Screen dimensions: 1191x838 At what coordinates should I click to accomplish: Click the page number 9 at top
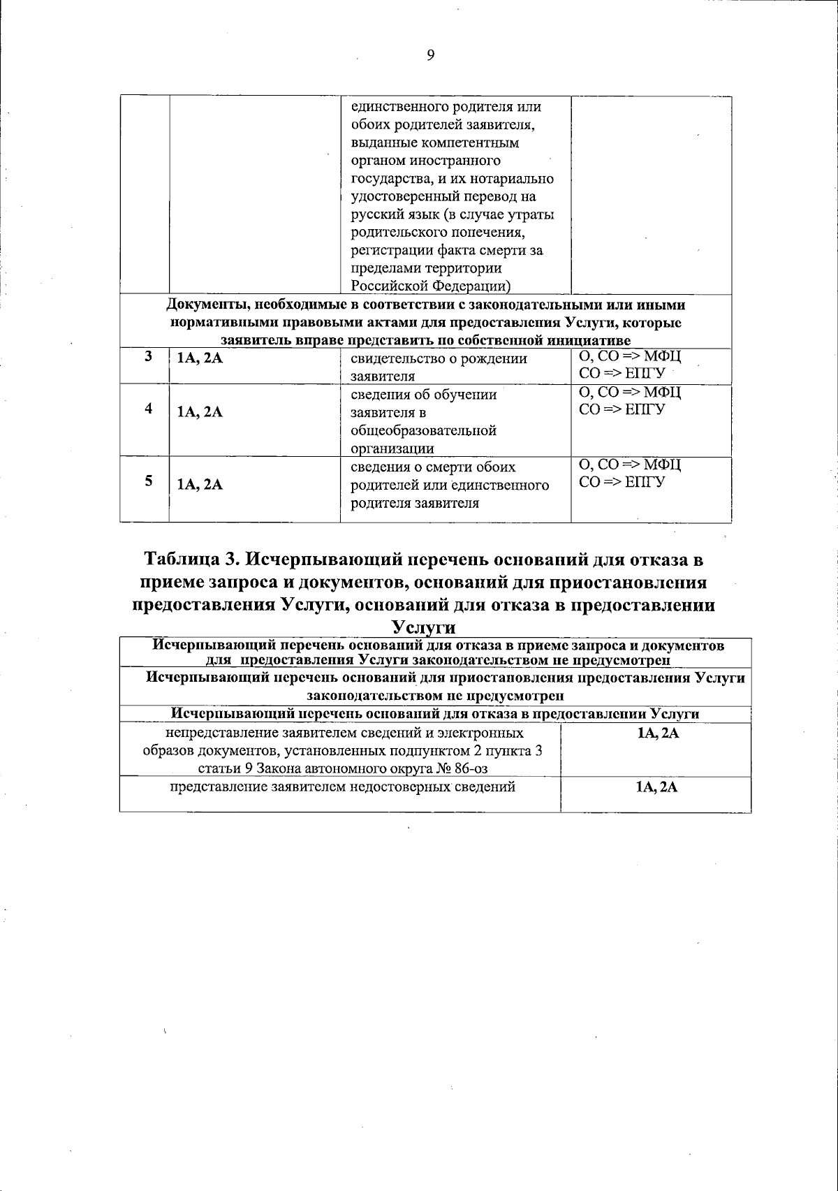click(x=430, y=56)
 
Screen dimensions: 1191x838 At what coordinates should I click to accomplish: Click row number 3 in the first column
click(x=148, y=356)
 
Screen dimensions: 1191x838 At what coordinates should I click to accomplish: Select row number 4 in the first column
click(x=148, y=409)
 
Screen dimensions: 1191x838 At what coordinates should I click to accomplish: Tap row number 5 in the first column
click(x=148, y=481)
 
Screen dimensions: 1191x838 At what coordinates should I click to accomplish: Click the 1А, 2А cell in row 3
click(x=200, y=359)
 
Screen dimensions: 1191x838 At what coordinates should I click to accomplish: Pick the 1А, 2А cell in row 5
click(x=200, y=484)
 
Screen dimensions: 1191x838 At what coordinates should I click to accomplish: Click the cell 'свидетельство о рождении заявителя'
click(x=438, y=367)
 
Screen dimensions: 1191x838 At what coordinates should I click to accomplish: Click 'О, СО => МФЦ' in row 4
click(x=630, y=393)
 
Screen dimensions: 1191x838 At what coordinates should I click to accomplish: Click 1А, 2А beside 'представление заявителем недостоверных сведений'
click(x=656, y=787)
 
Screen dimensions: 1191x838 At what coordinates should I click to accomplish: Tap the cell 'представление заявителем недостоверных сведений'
click(x=343, y=787)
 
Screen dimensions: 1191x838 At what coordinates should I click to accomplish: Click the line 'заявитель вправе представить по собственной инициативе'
click(x=426, y=341)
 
